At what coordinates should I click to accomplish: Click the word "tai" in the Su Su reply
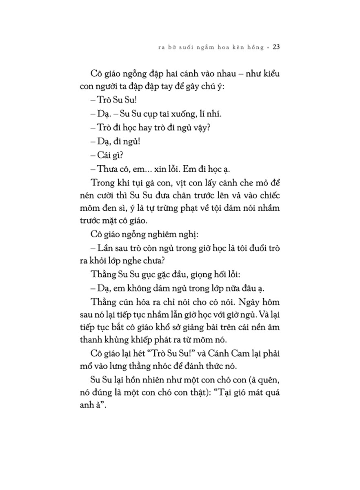coord(166,114)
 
